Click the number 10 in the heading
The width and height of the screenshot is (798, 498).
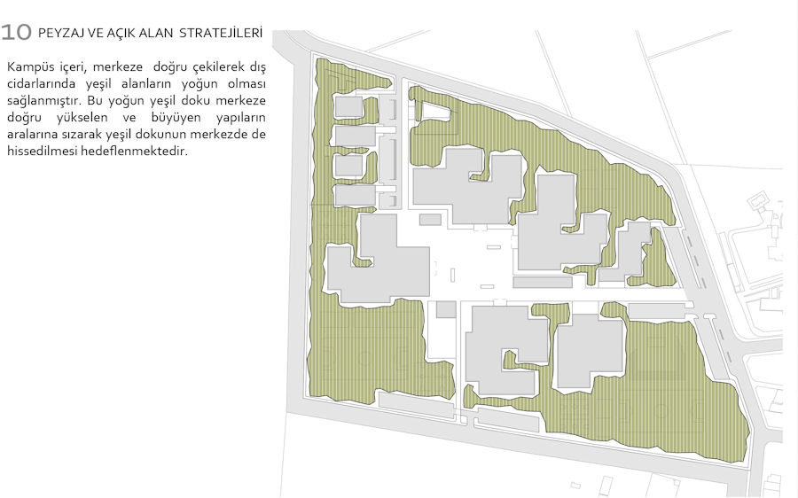(x=16, y=32)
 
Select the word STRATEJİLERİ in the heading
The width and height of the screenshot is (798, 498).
(x=221, y=33)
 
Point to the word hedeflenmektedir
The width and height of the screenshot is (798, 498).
(x=135, y=151)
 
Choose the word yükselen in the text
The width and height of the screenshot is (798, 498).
(x=82, y=118)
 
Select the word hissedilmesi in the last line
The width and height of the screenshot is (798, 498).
(x=42, y=151)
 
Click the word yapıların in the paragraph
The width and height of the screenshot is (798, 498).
(x=240, y=118)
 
